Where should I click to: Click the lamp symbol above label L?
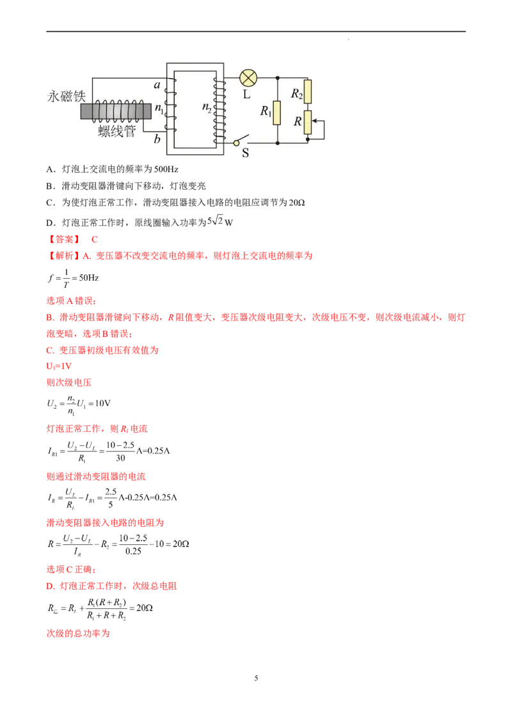click(248, 78)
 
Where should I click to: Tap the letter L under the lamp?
click(247, 94)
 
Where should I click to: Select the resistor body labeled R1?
click(277, 112)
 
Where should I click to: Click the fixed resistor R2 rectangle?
click(308, 91)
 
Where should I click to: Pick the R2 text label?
click(296, 94)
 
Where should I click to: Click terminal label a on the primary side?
click(157, 84)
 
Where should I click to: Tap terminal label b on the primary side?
click(157, 139)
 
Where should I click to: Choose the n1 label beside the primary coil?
click(160, 111)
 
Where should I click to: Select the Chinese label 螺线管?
click(117, 131)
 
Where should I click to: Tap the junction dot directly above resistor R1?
click(277, 79)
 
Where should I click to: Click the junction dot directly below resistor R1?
click(277, 142)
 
